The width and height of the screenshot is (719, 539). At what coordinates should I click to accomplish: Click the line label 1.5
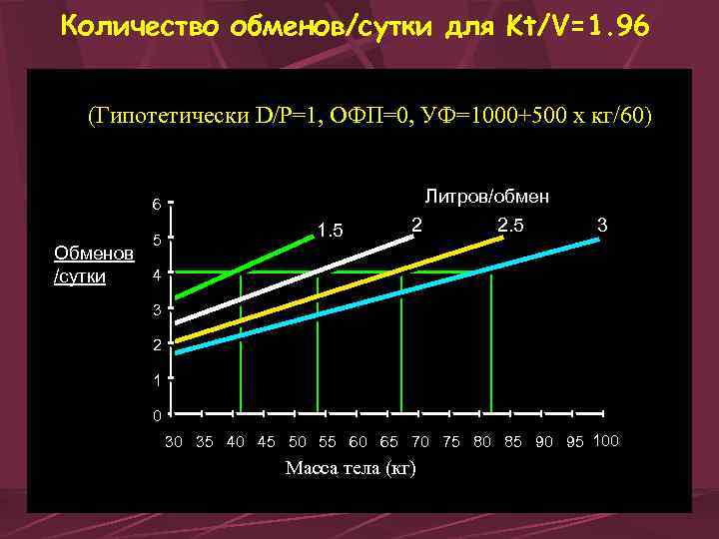pyautogui.click(x=330, y=233)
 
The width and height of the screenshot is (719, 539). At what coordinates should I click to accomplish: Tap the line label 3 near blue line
pyautogui.click(x=602, y=226)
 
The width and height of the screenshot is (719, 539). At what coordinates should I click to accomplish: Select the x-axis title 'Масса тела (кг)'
pyautogui.click(x=351, y=468)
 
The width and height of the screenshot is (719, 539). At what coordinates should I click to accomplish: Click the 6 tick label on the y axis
pyautogui.click(x=156, y=206)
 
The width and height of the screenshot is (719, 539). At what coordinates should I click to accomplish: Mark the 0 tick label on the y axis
pyautogui.click(x=156, y=414)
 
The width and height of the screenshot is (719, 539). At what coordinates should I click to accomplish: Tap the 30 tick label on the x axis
pyautogui.click(x=174, y=442)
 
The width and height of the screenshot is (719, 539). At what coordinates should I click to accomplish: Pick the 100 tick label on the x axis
pyautogui.click(x=606, y=441)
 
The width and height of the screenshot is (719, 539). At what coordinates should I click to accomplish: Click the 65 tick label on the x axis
pyautogui.click(x=389, y=442)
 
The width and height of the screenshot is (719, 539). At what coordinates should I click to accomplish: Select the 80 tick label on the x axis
pyautogui.click(x=482, y=442)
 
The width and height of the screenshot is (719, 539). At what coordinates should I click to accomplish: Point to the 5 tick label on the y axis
pyautogui.click(x=156, y=241)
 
